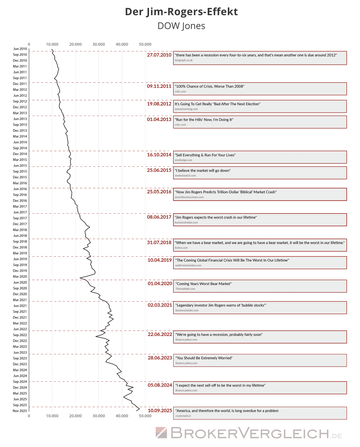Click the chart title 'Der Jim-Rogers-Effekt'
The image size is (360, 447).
coord(181,12)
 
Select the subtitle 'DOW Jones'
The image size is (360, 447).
coord(181,26)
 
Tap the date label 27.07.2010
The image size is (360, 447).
coord(159,55)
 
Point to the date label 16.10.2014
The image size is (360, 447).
coord(159,155)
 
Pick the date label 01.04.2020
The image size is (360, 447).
coord(160,283)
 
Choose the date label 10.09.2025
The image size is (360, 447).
coord(160,411)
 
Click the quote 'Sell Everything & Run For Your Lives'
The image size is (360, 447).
coord(205,155)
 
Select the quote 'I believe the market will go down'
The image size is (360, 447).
coord(203,171)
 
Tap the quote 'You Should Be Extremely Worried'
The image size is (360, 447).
coord(204,358)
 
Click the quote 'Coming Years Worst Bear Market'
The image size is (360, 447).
coord(203,284)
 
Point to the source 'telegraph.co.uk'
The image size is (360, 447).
coord(184,61)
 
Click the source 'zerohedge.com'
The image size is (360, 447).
coord(184,160)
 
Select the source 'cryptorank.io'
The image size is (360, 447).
coord(183,416)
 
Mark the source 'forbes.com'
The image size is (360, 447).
coord(181,248)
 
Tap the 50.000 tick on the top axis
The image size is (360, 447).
coord(145,44)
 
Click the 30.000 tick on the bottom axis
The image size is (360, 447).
coord(99,416)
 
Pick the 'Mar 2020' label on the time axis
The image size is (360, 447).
coord(20,277)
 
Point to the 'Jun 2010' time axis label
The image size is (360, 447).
coord(20,49)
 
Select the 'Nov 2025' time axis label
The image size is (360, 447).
coord(20,411)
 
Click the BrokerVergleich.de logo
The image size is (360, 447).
coord(249,433)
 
